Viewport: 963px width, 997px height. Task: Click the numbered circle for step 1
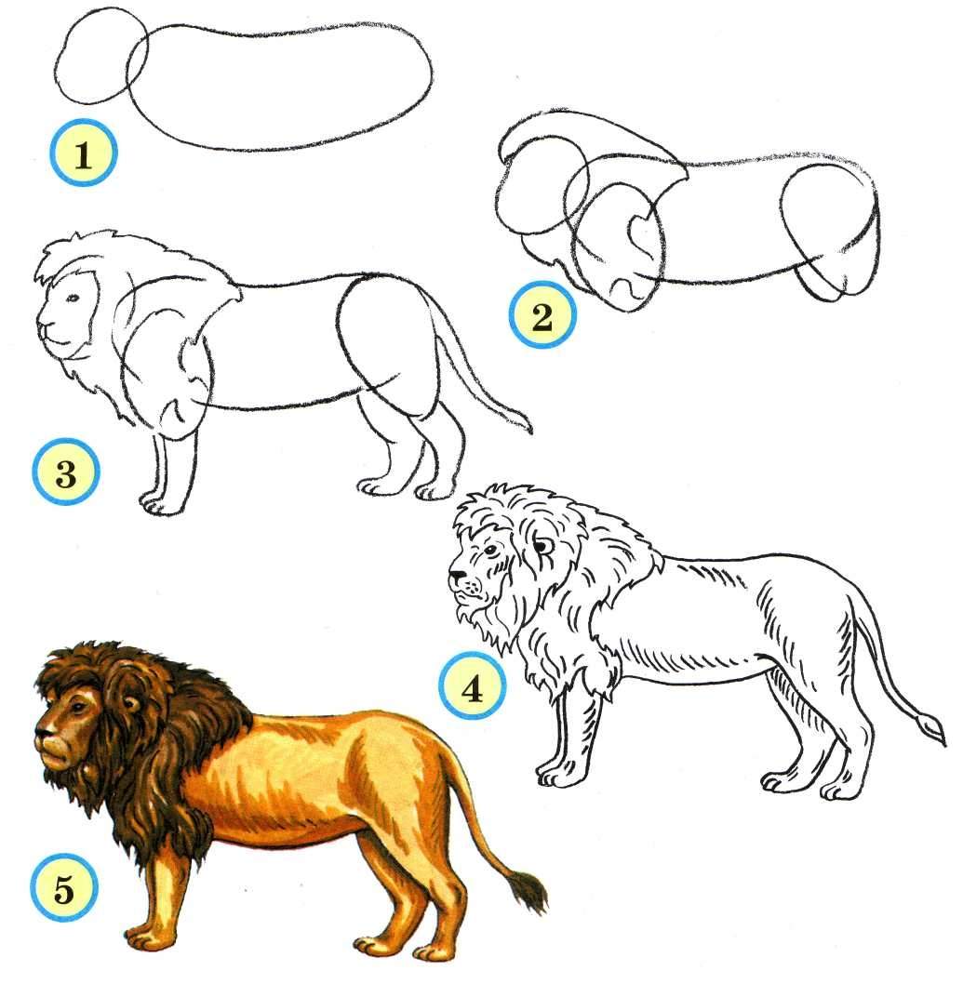click(84, 153)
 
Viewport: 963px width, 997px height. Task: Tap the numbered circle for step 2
click(542, 314)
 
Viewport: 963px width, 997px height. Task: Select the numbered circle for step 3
click(66, 472)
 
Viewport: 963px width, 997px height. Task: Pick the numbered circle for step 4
click(473, 687)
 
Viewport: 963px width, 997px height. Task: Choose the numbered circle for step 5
click(64, 887)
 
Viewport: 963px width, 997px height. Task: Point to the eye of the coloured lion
click(77, 707)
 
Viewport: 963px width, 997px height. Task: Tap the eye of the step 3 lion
click(74, 298)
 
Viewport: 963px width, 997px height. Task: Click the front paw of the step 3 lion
click(158, 503)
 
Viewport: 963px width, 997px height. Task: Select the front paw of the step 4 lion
click(560, 773)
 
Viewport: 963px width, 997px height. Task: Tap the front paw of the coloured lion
click(145, 939)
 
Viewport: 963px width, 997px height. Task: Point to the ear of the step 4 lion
click(542, 545)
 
